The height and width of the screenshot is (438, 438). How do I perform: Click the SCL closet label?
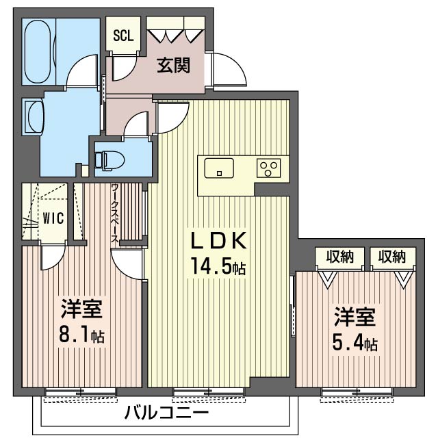123,36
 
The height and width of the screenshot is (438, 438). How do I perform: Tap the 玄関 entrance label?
173,66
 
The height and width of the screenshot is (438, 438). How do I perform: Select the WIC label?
53,218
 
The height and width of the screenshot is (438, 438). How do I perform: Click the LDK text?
219,240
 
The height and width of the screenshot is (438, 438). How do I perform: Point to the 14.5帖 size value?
218,267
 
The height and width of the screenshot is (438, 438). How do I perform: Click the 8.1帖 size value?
82,335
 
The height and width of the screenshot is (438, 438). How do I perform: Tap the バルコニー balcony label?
166,413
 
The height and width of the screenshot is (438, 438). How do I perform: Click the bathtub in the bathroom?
38,51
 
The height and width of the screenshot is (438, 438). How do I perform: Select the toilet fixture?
108,160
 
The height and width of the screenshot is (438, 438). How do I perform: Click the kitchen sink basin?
219,168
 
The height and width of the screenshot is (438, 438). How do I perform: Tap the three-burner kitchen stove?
268,168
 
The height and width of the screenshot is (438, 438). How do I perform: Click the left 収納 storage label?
340,257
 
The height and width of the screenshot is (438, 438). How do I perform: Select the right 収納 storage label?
391,257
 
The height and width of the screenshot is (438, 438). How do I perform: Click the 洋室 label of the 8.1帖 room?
82,309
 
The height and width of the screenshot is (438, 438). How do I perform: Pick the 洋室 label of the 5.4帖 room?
355,317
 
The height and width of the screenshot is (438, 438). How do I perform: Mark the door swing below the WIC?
53,255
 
